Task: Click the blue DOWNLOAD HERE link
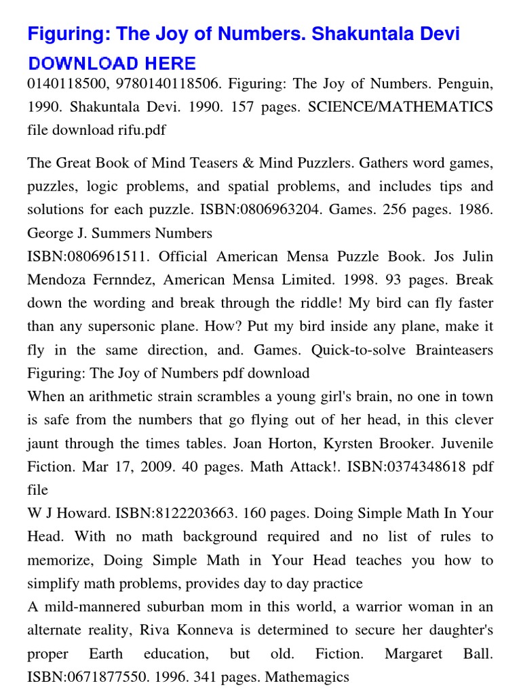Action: tap(112, 64)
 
